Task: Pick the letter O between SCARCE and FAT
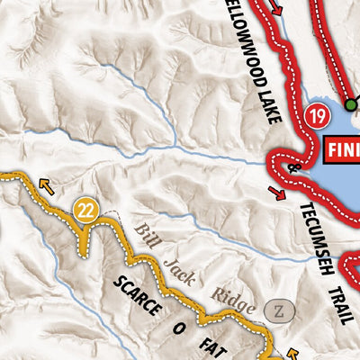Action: [179, 329]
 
